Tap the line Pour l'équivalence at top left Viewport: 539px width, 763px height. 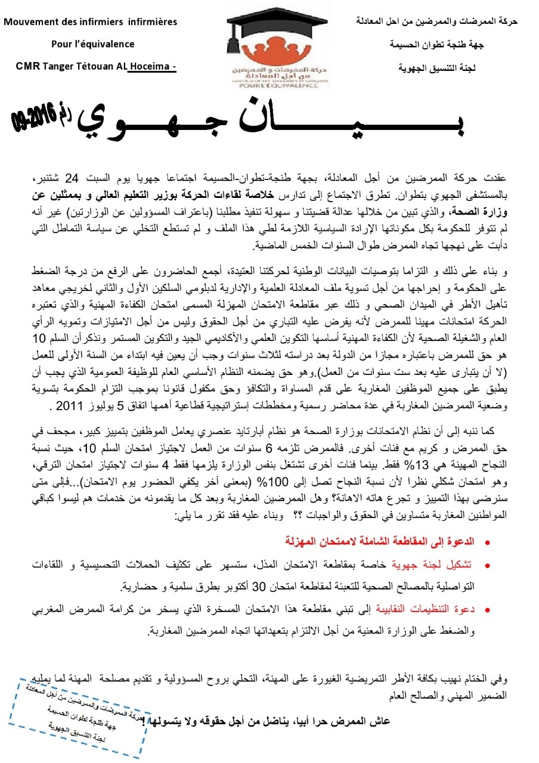click(92, 44)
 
